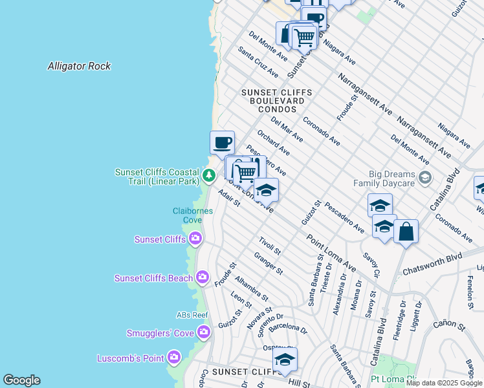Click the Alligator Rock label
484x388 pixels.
[x=79, y=66]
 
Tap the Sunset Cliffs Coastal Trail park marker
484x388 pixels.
[x=208, y=175]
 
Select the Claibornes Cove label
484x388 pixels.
[x=188, y=215]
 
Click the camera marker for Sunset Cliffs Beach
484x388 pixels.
[x=203, y=278]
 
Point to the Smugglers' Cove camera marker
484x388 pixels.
[x=204, y=333]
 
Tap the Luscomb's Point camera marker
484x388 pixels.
[x=173, y=358]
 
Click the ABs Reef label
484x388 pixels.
[x=192, y=315]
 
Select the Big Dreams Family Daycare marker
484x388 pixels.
[x=425, y=177]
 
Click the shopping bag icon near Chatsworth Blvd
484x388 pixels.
[x=406, y=232]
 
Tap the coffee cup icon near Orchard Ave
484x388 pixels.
[x=222, y=142]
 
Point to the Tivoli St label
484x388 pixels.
[x=269, y=246]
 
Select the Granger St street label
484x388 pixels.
[x=269, y=264]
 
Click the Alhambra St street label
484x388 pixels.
[x=252, y=289]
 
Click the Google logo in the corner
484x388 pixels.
[x=21, y=380]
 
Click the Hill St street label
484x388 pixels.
[x=300, y=383]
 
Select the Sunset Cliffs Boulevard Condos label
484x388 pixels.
[x=276, y=101]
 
